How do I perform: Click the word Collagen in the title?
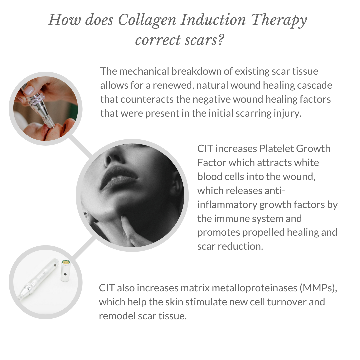pyautogui.click(x=147, y=21)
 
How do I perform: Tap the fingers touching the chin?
pyautogui.click(x=132, y=230)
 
